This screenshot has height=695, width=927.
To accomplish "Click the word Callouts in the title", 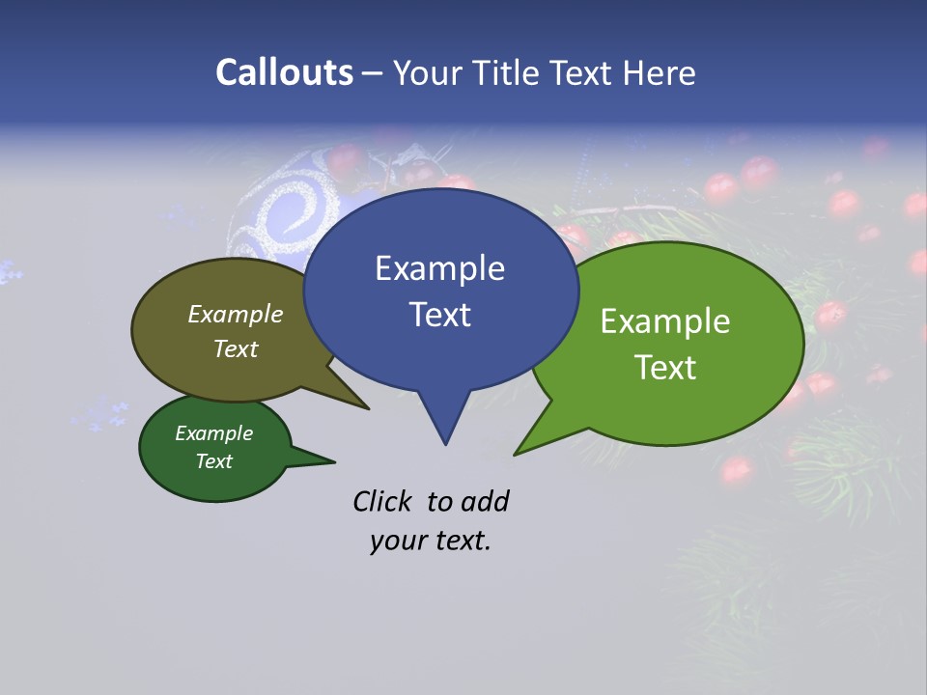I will click(x=284, y=73).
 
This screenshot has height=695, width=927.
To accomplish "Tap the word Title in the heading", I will click(x=509, y=73).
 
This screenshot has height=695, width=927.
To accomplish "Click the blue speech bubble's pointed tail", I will click(x=444, y=420).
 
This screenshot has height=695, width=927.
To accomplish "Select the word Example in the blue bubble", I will click(x=439, y=268).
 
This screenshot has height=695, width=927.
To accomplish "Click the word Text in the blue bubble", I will click(x=439, y=315).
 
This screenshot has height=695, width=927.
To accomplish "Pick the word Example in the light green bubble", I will click(x=665, y=321).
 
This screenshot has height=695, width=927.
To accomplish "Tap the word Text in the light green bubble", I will click(x=665, y=368).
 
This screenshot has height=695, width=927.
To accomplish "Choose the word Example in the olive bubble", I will click(x=236, y=315).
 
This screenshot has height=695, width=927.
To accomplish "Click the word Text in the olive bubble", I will click(x=236, y=349).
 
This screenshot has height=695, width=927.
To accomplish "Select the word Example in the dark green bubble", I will click(x=213, y=434).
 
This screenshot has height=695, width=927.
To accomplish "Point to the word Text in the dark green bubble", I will click(x=213, y=461).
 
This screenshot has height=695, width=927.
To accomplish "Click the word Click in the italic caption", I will click(x=383, y=501).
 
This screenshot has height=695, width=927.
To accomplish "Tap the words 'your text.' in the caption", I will click(x=431, y=542).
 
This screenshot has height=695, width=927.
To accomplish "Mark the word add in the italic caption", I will click(x=485, y=501).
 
